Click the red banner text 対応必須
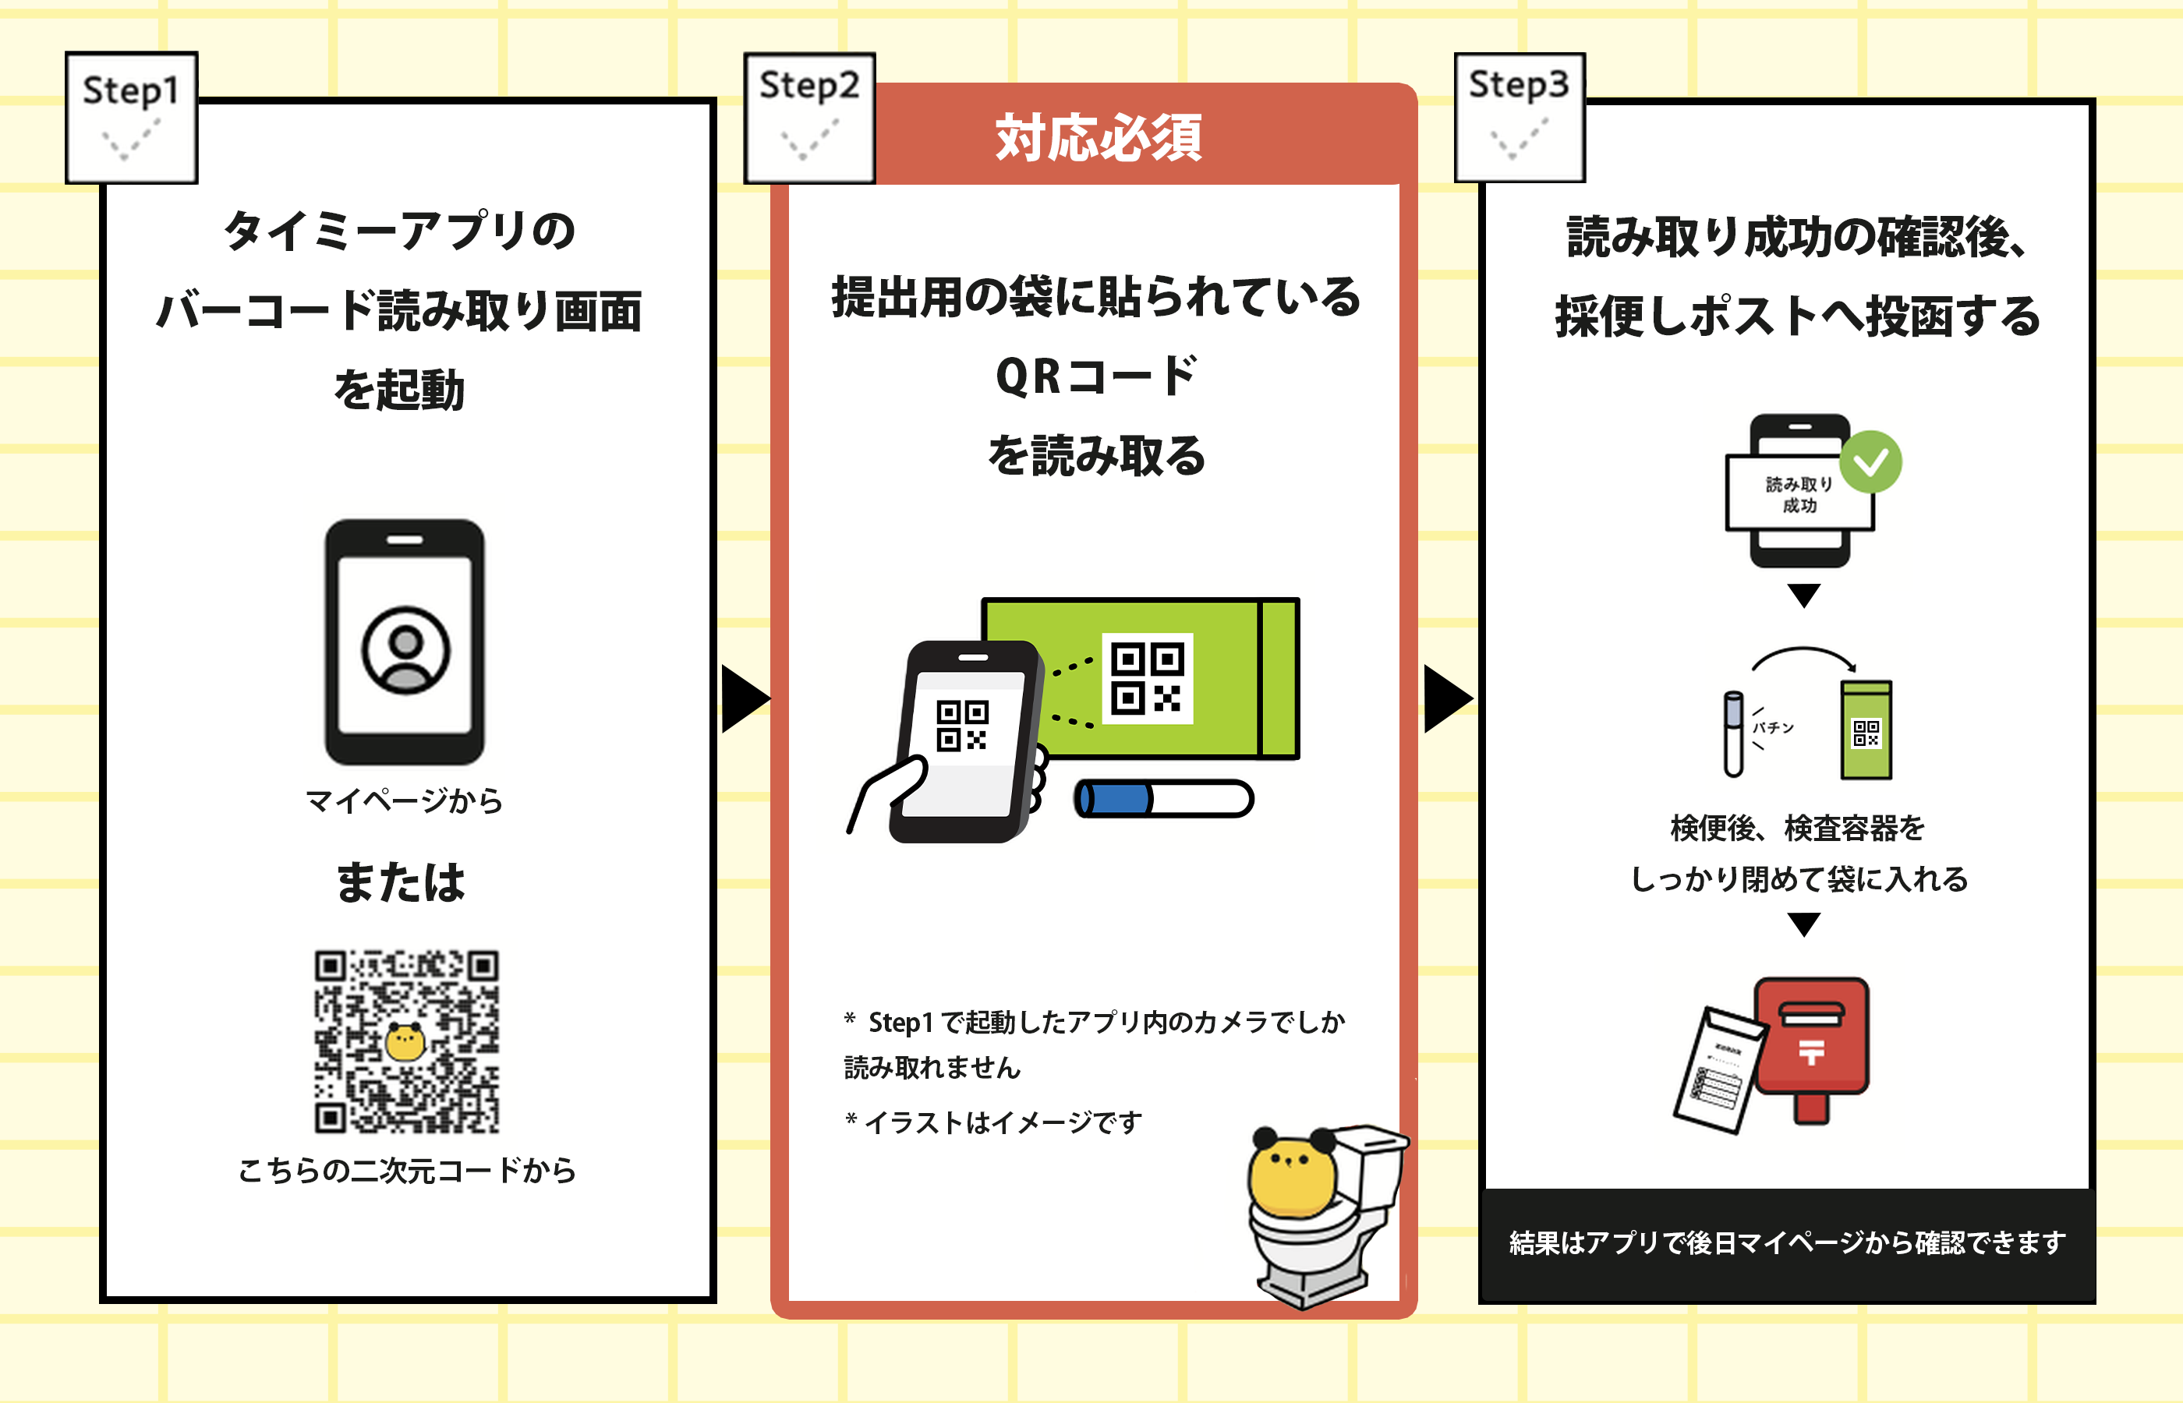(x=1099, y=137)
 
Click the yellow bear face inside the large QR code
(x=405, y=1042)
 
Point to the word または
(x=401, y=882)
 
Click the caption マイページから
(x=404, y=800)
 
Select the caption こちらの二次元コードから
(x=407, y=1170)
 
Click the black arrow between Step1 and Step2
(x=742, y=698)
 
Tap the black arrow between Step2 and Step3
(x=1446, y=698)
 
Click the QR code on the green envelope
(x=1147, y=678)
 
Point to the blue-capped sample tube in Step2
(x=1163, y=799)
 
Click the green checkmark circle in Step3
(x=1870, y=463)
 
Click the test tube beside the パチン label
(x=1733, y=734)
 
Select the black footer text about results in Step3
(x=1787, y=1242)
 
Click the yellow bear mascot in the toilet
(x=1292, y=1176)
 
